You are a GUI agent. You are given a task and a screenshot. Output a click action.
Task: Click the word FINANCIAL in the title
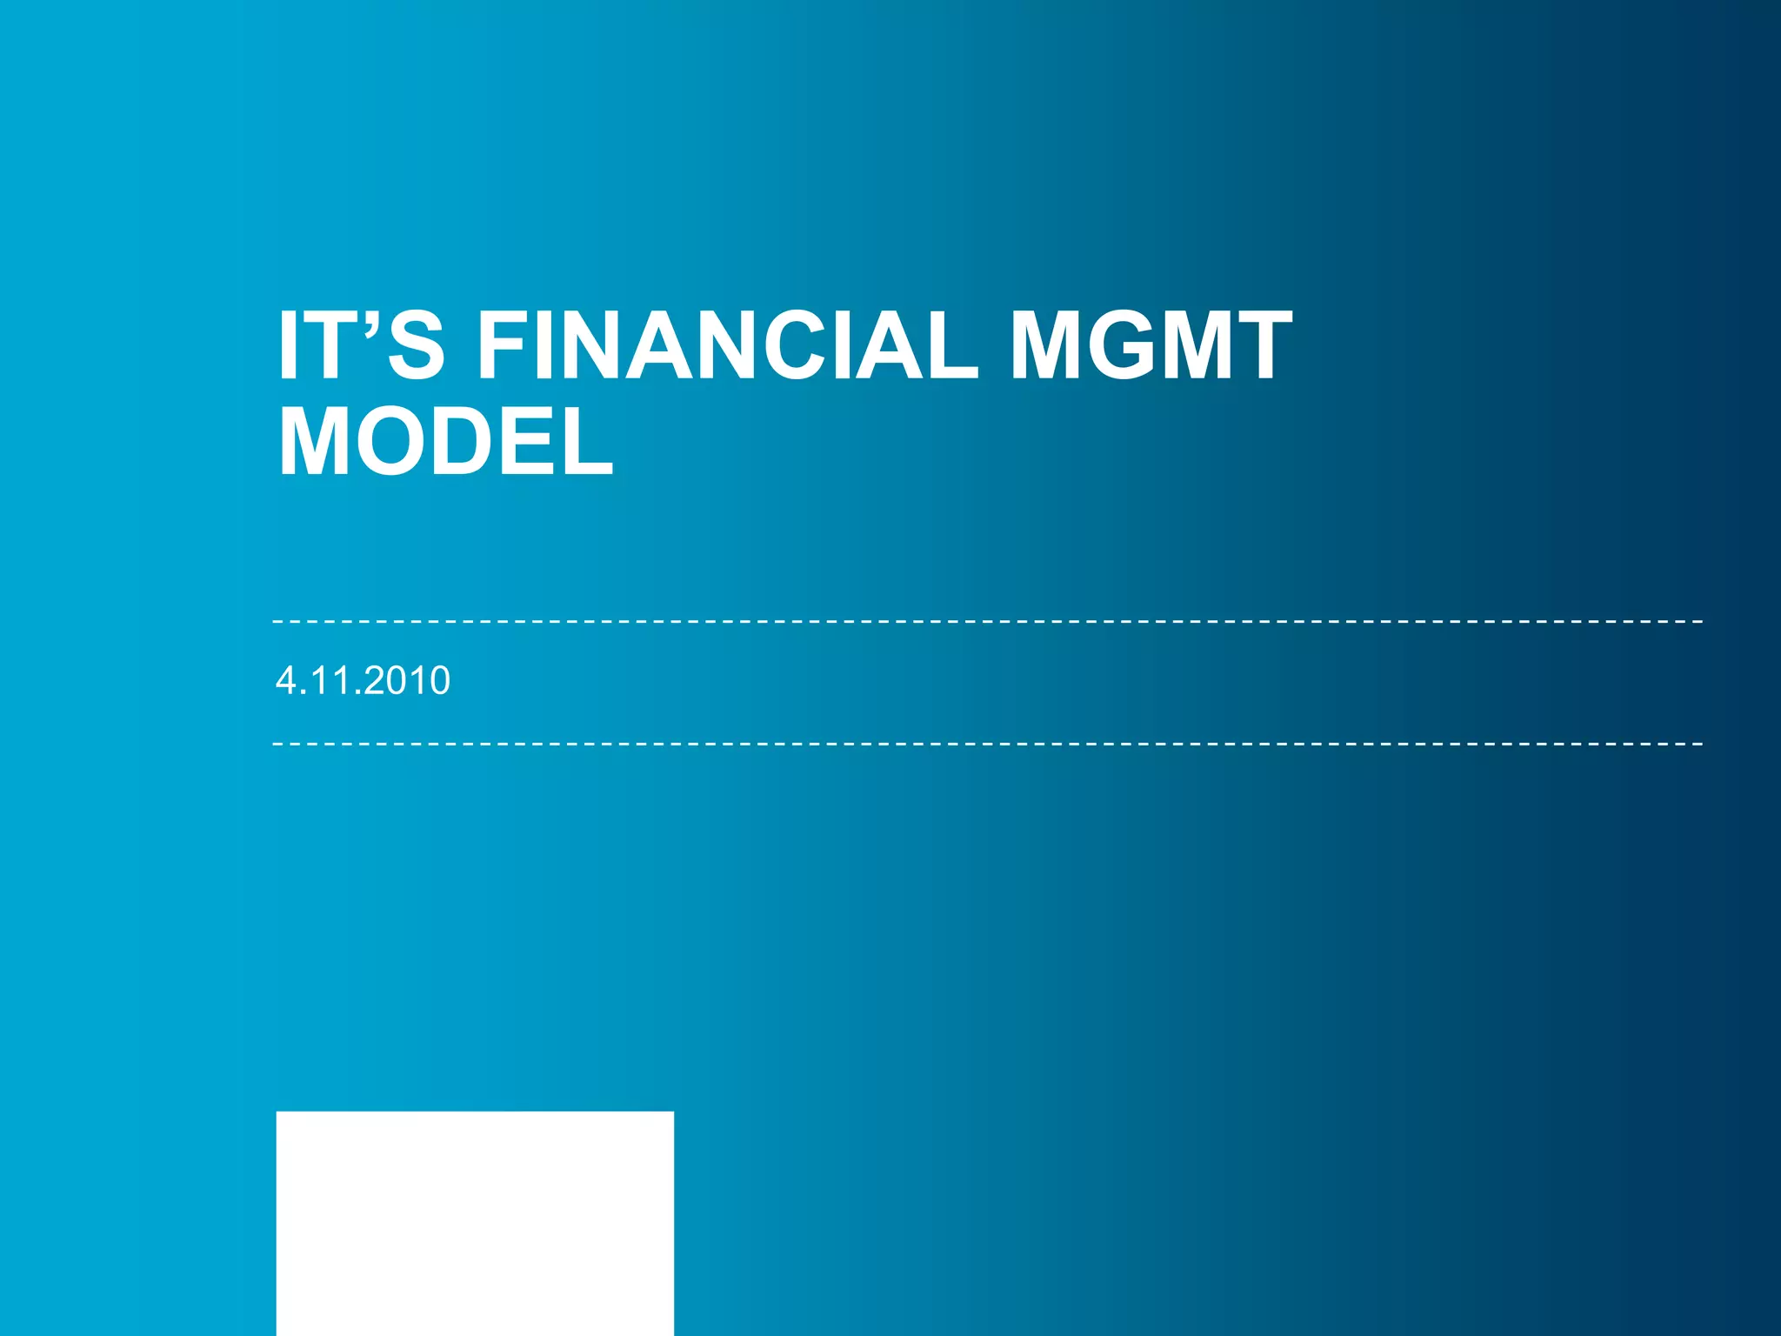tap(729, 346)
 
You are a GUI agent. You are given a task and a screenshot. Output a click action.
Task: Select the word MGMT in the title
tap(1150, 346)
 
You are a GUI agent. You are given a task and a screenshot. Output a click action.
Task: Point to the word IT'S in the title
tap(361, 346)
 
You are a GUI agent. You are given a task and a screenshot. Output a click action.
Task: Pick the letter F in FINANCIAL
tap(504, 346)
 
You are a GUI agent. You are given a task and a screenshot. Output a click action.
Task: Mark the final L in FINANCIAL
tap(951, 346)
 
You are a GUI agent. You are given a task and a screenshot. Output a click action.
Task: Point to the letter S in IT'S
tap(416, 346)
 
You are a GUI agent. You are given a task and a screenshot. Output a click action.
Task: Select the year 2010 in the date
tap(408, 680)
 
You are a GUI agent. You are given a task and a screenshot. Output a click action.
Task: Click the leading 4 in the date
tap(285, 680)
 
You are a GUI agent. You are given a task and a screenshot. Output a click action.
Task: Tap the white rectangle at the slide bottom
tap(475, 1222)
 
